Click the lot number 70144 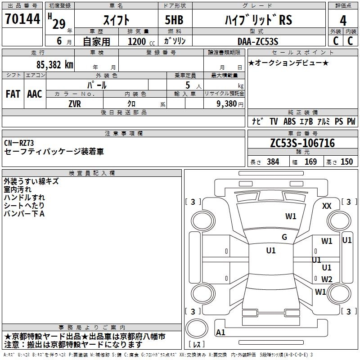click(22, 19)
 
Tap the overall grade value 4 click(343, 21)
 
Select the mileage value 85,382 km click(55, 65)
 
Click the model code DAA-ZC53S click(258, 41)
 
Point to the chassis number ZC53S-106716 click(302, 143)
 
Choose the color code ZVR click(75, 104)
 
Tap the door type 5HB click(174, 20)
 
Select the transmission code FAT click(13, 94)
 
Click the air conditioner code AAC click(35, 94)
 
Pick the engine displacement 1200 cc click(141, 41)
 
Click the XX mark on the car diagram click(327, 206)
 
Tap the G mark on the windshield click(284, 237)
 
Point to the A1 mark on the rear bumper click(220, 332)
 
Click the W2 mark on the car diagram click(327, 279)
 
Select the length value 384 click(273, 162)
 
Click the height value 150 click(346, 162)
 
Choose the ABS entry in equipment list click(289, 121)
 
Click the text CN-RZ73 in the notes click(19, 143)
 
